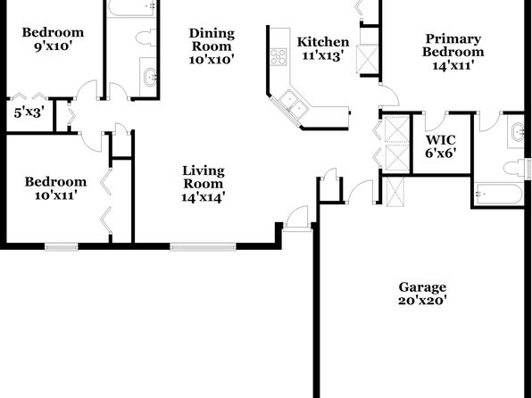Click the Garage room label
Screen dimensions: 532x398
tap(422, 287)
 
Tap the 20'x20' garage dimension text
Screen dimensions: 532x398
tap(422, 301)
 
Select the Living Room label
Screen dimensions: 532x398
tap(204, 177)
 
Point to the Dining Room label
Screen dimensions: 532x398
tap(212, 39)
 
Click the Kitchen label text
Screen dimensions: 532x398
tap(323, 42)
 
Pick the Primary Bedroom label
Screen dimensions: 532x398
tap(453, 46)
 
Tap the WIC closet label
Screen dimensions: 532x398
tap(440, 140)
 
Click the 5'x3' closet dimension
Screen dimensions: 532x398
tap(29, 112)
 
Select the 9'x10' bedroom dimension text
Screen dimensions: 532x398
tap(54, 46)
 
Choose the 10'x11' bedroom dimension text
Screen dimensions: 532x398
tap(55, 195)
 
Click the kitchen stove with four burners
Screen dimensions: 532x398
tap(278, 56)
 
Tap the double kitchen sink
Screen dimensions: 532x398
tap(294, 104)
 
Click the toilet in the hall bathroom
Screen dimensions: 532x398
tap(146, 37)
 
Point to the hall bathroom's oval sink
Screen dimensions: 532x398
tap(150, 78)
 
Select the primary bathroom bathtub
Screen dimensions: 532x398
tap(498, 194)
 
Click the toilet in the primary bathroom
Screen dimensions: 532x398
tap(514, 169)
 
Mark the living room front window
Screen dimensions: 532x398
tap(203, 246)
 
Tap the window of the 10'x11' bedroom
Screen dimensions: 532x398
tap(62, 246)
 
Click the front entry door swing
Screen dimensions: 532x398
tap(297, 217)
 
